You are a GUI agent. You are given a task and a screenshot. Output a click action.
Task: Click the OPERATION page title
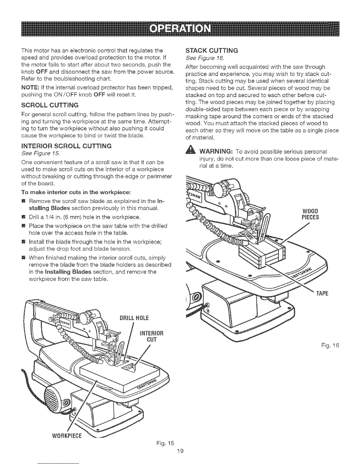tap(180, 29)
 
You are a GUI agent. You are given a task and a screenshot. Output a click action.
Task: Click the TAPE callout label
tap(322, 294)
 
